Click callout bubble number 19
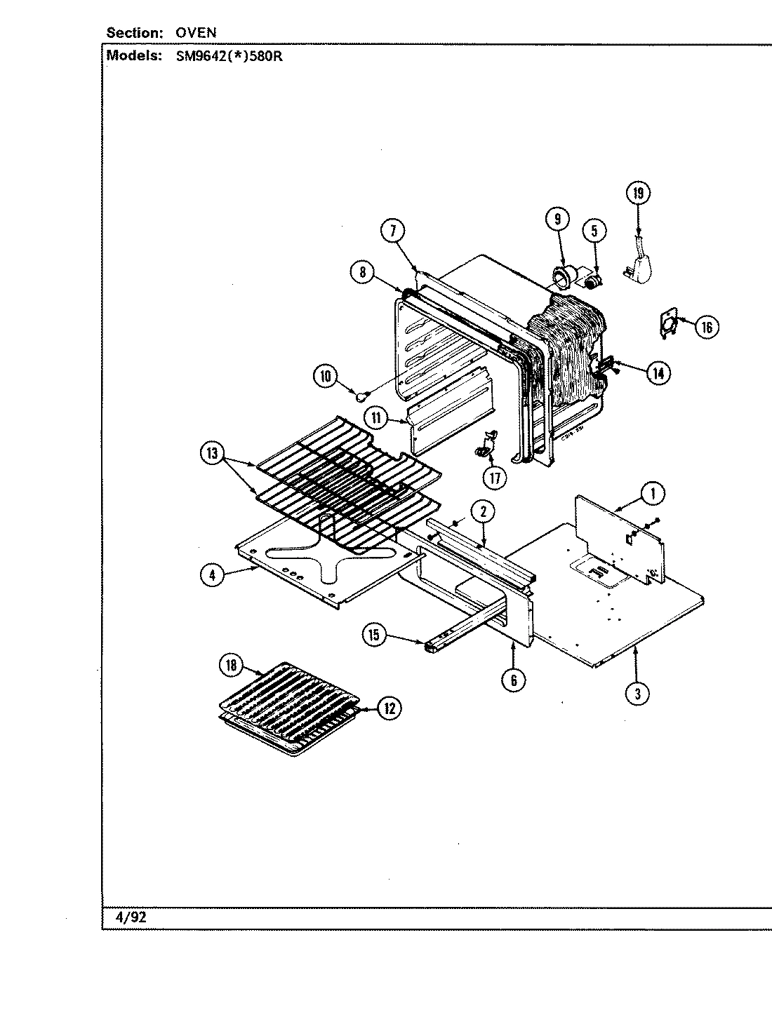point(638,193)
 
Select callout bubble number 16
point(707,326)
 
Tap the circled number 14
point(658,373)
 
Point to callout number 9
point(557,219)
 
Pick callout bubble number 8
point(362,273)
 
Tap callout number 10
point(326,376)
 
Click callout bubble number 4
point(212,575)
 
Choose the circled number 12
point(388,708)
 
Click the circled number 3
point(637,694)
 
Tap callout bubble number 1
point(653,494)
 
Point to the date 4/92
point(129,916)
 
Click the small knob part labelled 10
point(362,397)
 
